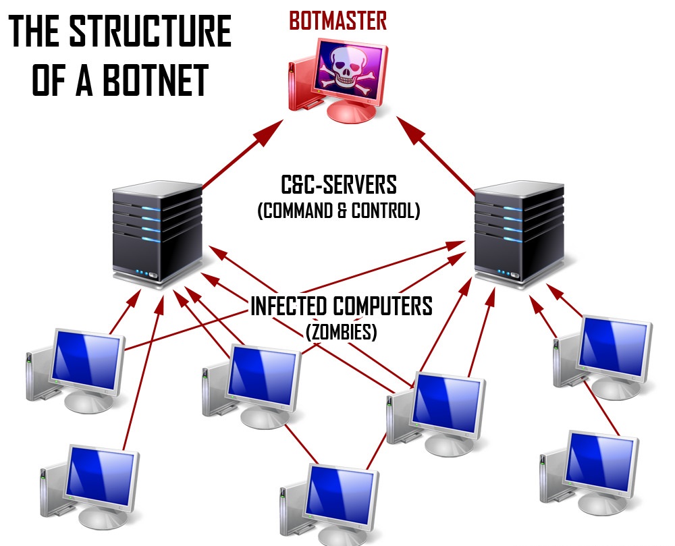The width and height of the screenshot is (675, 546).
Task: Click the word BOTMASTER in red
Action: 337,20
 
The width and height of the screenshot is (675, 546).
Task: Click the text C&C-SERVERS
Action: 338,185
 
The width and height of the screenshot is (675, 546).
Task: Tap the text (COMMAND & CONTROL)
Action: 338,211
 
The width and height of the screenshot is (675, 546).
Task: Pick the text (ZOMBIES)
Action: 341,332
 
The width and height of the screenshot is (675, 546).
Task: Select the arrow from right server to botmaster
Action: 436,153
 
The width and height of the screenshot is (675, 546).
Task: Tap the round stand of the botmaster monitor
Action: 351,112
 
